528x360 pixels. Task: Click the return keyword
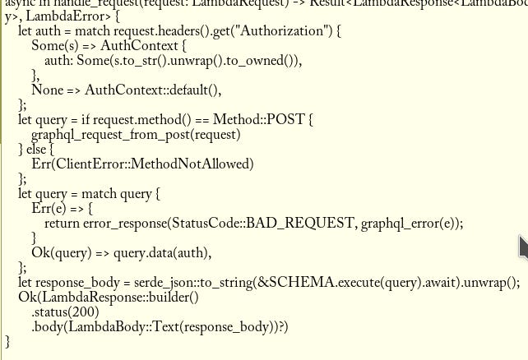click(64, 223)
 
